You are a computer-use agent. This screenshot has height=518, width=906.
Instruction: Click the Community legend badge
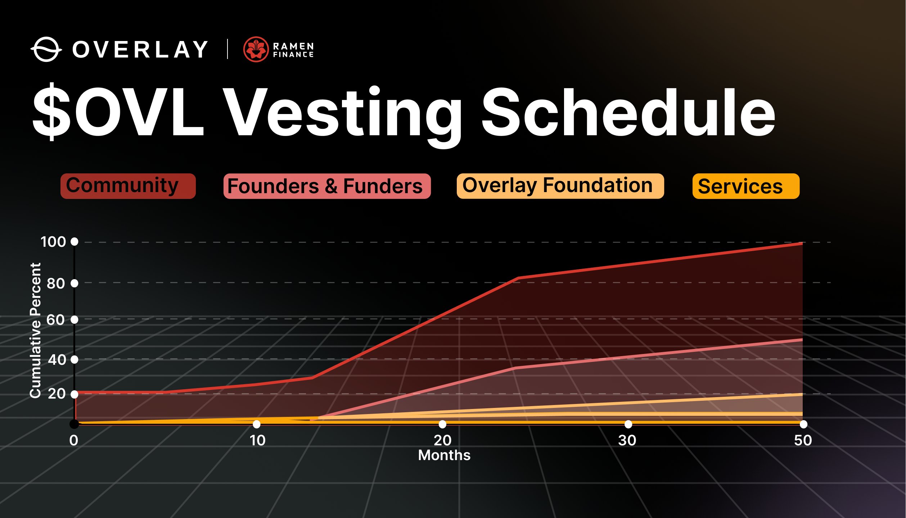pyautogui.click(x=128, y=186)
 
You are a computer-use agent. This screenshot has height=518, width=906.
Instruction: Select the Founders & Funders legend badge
pyautogui.click(x=327, y=186)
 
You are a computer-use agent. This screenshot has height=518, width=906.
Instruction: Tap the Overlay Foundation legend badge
pyautogui.click(x=560, y=186)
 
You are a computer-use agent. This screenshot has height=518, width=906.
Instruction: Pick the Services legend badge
pyautogui.click(x=745, y=186)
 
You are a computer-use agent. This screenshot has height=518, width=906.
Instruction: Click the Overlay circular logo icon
pyautogui.click(x=46, y=49)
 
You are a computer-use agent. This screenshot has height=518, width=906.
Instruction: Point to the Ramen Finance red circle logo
pyautogui.click(x=256, y=49)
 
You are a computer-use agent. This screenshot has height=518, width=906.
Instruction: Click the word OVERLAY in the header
pyautogui.click(x=140, y=49)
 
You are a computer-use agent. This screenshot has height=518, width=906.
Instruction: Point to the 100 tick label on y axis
pyautogui.click(x=53, y=242)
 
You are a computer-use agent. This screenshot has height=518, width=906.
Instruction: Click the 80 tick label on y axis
pyautogui.click(x=56, y=283)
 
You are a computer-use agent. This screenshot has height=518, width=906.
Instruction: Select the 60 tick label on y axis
pyautogui.click(x=56, y=320)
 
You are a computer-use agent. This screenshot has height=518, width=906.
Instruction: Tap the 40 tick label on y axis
pyautogui.click(x=57, y=360)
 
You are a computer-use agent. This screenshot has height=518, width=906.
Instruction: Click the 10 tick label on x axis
pyautogui.click(x=257, y=440)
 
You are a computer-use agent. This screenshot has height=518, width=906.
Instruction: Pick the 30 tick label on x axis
pyautogui.click(x=627, y=440)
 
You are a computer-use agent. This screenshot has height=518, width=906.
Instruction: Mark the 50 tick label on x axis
pyautogui.click(x=803, y=440)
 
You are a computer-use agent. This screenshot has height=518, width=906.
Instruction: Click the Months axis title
pyautogui.click(x=444, y=455)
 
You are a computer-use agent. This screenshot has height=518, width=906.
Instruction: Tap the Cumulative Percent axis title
pyautogui.click(x=35, y=330)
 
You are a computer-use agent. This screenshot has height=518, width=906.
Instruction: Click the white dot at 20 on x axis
pyautogui.click(x=442, y=424)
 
